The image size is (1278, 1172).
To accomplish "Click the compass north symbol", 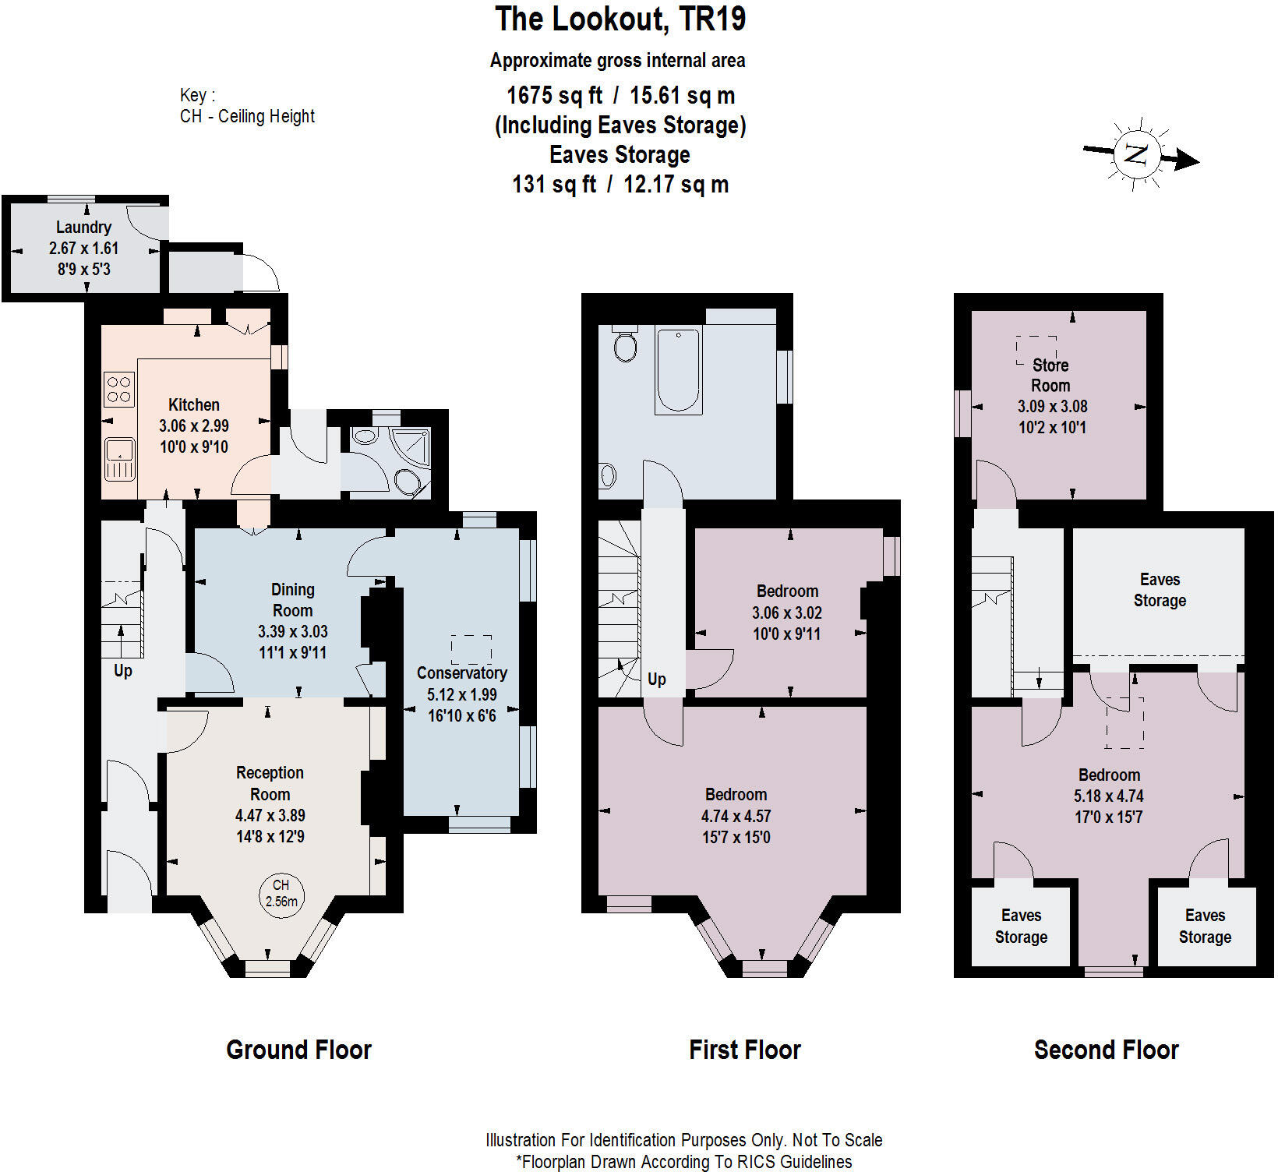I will pos(1138,154).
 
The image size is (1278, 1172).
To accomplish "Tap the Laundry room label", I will pos(83,227).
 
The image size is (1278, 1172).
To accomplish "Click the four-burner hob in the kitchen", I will pos(119,389).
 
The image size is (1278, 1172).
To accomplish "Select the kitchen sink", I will pos(119,459).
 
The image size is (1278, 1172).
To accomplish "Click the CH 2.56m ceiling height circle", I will pos(281,893).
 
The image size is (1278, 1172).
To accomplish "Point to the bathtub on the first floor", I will pos(678,369).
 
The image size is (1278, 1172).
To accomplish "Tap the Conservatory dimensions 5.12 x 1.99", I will pos(461,694).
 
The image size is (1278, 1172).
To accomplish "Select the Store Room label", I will pos(1050,375).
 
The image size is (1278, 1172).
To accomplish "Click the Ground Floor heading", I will pos(298,1050).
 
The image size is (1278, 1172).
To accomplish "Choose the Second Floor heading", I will pos(1106,1050).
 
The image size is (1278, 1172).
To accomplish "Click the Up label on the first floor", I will pos(656,679).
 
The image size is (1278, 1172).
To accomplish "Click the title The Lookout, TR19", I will pos(620,19).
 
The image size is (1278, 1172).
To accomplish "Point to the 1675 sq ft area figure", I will pos(554,95).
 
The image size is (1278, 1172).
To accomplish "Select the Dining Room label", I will pos(292,600).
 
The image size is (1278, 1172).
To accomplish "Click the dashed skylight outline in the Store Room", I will pos(1036,350).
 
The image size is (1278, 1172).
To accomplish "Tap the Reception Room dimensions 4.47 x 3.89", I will pos(270,815).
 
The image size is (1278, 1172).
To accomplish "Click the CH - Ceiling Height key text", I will pos(247,116).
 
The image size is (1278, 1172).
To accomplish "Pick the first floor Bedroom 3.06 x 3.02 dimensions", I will pos(786,612).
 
